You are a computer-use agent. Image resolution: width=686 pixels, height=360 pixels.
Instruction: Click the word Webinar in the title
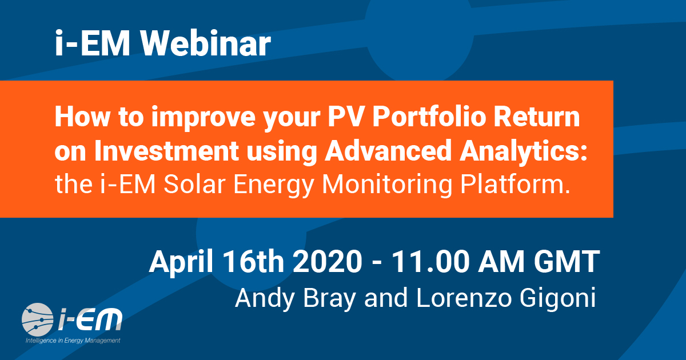tap(205, 43)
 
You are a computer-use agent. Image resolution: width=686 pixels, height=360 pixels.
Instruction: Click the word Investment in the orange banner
tap(166, 151)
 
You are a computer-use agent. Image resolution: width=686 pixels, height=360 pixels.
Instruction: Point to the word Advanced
tap(388, 151)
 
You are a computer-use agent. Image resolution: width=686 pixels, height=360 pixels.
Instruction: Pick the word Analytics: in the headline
tap(524, 152)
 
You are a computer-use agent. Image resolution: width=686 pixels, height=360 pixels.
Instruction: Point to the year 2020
tap(328, 262)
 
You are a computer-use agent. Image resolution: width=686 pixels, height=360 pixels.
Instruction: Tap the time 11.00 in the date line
tap(430, 262)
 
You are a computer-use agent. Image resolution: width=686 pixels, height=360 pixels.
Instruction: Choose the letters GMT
tap(567, 262)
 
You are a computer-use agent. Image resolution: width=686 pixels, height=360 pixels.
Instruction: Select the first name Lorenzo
tap(464, 298)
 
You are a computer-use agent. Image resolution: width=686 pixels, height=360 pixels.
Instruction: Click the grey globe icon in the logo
tap(37, 319)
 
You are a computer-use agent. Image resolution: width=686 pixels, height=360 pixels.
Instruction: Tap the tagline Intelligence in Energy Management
tap(73, 341)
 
